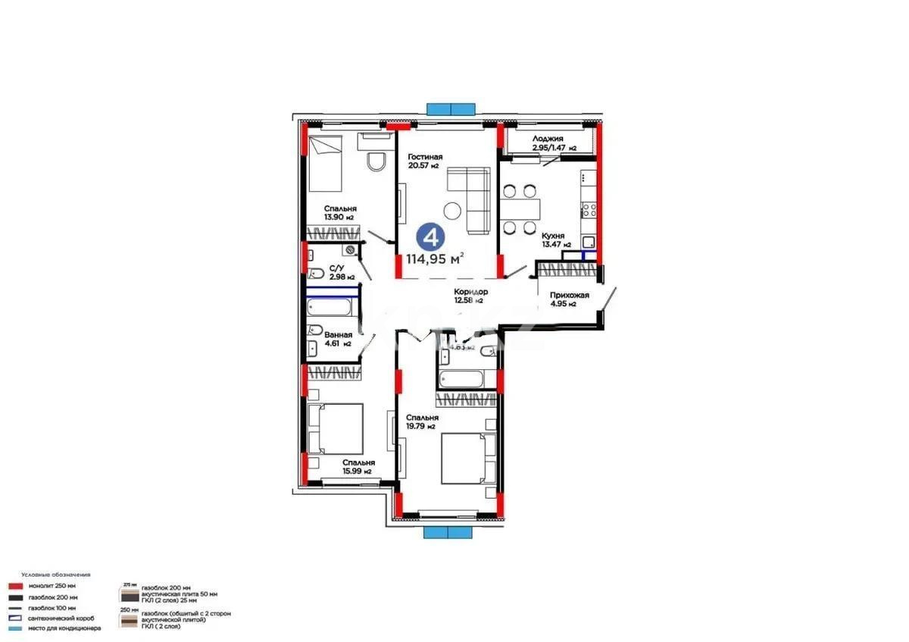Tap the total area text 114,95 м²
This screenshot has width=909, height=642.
(435, 259)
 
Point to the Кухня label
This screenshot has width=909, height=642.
(552, 236)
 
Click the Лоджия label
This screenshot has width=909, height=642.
(547, 139)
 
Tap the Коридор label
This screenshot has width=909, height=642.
(470, 292)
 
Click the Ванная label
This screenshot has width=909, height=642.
(338, 334)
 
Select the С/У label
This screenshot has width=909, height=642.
(337, 268)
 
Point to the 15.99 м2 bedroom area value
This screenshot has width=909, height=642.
(357, 471)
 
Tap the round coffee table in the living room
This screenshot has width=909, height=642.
(454, 210)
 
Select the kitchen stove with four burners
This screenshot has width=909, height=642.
(589, 210)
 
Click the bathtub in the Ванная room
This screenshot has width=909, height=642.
(330, 308)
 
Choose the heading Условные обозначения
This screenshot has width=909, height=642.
(55, 575)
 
